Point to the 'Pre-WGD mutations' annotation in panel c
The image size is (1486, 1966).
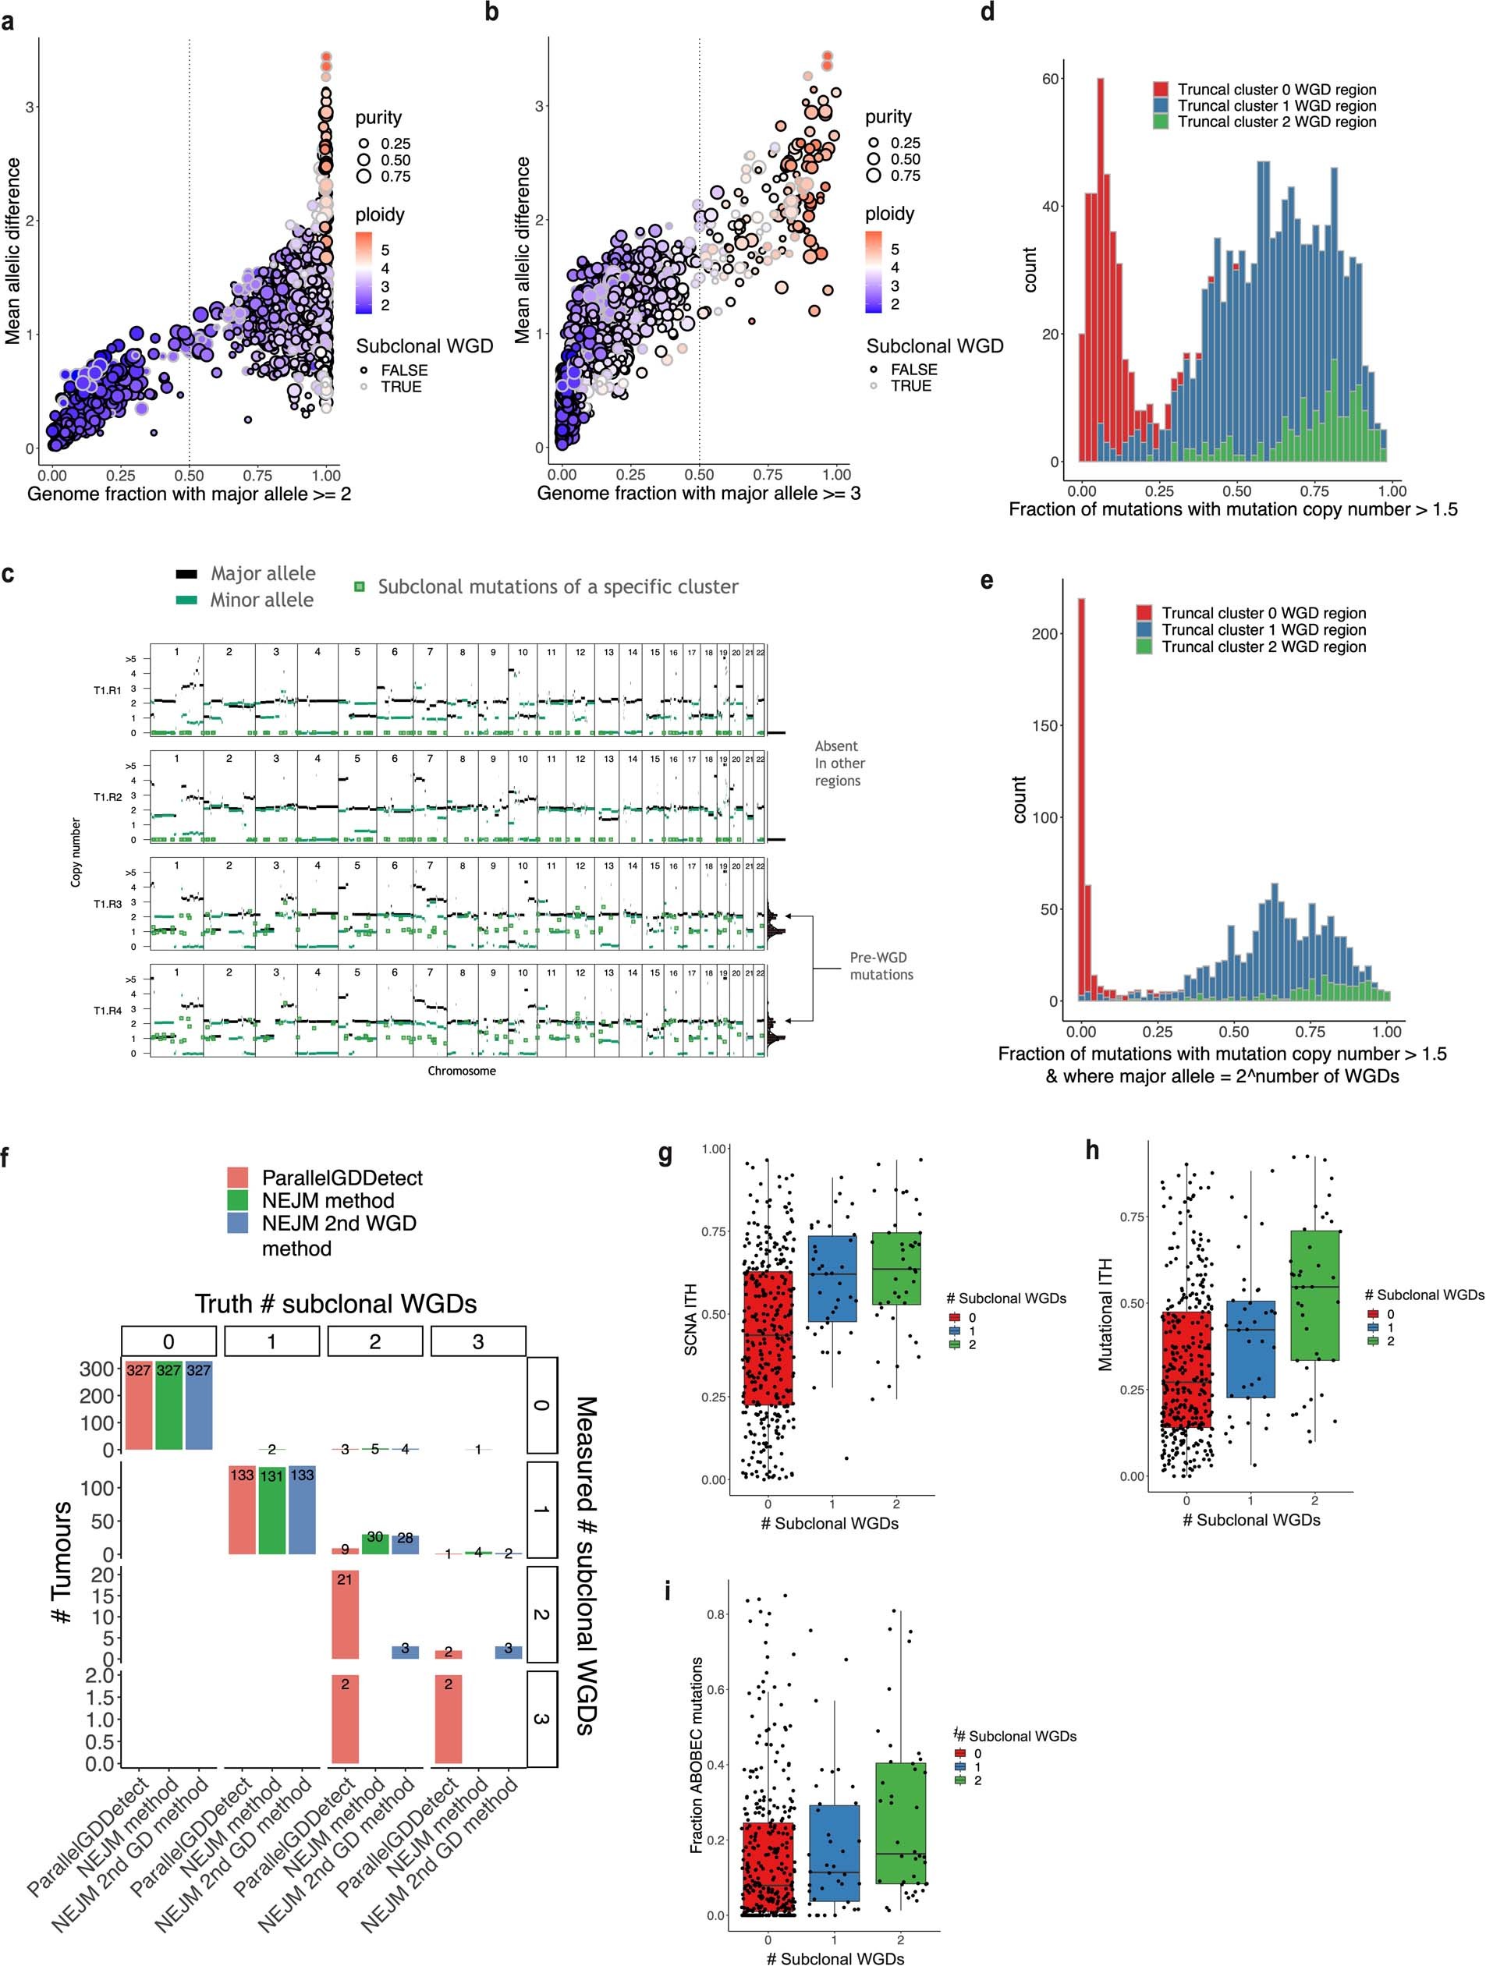[881, 966]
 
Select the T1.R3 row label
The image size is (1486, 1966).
[108, 904]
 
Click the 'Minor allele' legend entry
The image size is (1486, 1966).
[261, 600]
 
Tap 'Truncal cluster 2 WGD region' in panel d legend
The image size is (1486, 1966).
[1276, 122]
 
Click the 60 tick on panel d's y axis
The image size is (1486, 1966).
[1051, 79]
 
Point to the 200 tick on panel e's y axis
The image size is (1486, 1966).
[1047, 634]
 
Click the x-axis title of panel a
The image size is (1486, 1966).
[189, 494]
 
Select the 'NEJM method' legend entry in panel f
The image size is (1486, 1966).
[328, 1201]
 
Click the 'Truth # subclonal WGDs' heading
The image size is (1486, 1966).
[335, 1304]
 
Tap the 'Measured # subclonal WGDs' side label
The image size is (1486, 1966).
[586, 1565]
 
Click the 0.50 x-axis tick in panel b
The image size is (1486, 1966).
[700, 475]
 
